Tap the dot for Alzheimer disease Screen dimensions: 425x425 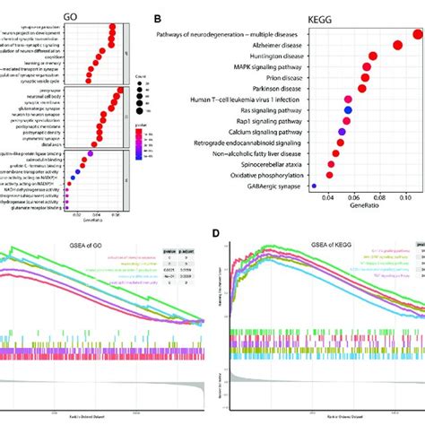pyautogui.click(x=397, y=44)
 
